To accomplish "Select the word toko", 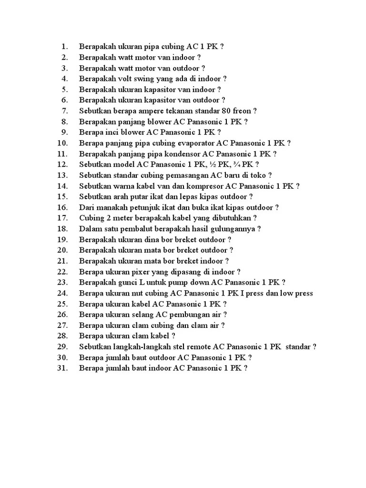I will [259, 175].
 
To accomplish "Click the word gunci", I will [130, 282].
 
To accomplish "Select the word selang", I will [143, 315].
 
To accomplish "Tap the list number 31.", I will [63, 368].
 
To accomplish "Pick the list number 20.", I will [63, 250].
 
